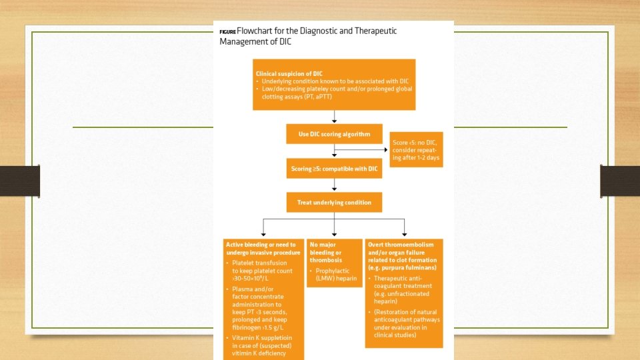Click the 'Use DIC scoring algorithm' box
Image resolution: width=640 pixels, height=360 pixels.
(x=334, y=134)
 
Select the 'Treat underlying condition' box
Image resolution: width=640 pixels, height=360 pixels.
(x=334, y=202)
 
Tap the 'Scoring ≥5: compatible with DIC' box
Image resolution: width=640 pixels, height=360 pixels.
(x=334, y=169)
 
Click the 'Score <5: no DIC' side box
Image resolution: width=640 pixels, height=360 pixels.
(x=416, y=149)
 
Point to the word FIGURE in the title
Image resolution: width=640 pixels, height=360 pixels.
(x=227, y=32)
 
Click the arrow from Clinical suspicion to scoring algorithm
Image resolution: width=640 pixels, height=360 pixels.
(x=334, y=117)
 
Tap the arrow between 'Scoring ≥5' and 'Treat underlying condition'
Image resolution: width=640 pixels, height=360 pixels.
(x=334, y=186)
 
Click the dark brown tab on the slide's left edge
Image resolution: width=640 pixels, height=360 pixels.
(x=20, y=181)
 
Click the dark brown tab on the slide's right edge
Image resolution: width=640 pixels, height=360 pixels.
(x=619, y=181)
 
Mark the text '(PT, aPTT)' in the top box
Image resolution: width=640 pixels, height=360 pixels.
(x=319, y=95)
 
